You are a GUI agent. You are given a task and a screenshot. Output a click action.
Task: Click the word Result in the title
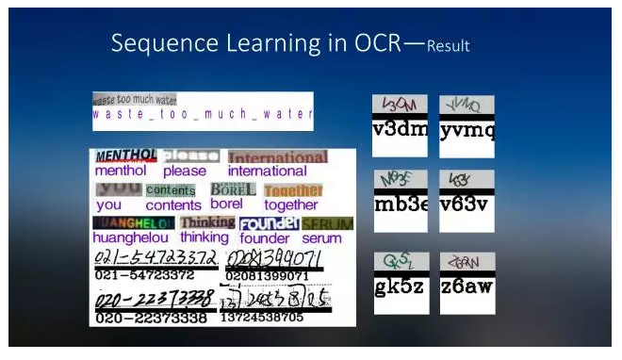(x=448, y=45)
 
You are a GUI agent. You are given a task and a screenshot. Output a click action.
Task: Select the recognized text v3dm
(x=401, y=129)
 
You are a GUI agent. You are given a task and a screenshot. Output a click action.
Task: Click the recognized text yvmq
(x=466, y=129)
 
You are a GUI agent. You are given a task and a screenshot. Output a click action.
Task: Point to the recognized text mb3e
(x=401, y=204)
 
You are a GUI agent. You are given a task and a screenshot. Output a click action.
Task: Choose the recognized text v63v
(x=466, y=204)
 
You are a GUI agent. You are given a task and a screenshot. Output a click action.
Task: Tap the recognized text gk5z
(x=401, y=286)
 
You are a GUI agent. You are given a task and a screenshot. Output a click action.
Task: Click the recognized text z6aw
(x=466, y=286)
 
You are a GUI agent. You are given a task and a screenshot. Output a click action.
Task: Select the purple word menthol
(x=121, y=172)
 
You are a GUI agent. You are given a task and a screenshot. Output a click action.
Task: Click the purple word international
(x=267, y=172)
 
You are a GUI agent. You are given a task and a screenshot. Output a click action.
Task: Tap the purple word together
(x=291, y=205)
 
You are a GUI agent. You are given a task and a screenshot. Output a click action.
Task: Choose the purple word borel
(x=226, y=204)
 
